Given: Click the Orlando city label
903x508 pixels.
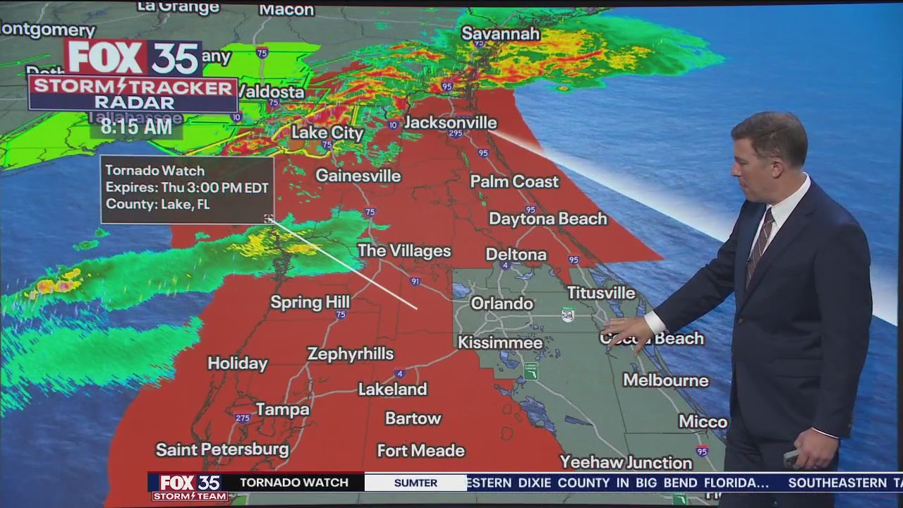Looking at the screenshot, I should coord(502,303).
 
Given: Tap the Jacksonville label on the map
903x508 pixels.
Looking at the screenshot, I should coord(450,123).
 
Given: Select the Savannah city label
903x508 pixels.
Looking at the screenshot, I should coord(500,34).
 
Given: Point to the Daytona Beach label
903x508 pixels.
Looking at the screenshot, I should coord(547,219).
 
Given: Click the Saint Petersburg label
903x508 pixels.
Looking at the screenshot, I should coord(222,449).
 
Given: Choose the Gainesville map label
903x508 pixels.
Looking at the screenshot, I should coord(358,176).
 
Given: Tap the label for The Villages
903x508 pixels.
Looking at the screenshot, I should coord(404,250).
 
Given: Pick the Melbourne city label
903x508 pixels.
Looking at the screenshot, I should coord(665,381).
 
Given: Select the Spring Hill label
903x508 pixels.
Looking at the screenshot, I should coord(310,303).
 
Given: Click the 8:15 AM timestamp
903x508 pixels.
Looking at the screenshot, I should coord(136,127).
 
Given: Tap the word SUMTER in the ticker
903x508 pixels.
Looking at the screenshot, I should coord(416,483).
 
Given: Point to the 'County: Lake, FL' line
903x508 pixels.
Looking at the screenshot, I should coord(157,205).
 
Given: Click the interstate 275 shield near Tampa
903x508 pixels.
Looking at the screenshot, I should coord(243,418).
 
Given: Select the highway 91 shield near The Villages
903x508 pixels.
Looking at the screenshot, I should coord(416,282).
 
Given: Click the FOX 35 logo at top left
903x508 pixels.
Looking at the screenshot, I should coord(133,58).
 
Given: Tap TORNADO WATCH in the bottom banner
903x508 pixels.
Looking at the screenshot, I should coord(294,483).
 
